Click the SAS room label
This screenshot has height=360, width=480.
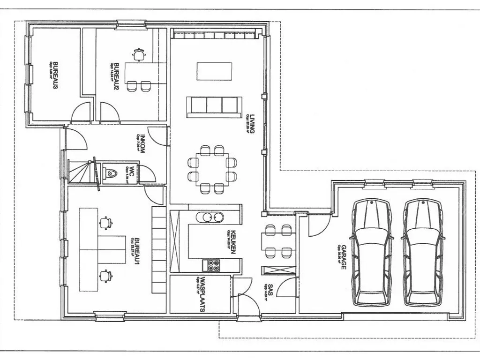pos(270,290)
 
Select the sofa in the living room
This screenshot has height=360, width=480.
pos(214,106)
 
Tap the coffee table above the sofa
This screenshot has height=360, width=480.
pos(214,72)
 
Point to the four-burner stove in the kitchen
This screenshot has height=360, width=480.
pos(213,265)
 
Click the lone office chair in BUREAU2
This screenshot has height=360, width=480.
pos(138,54)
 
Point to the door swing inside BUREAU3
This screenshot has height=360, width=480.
pos(80,114)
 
